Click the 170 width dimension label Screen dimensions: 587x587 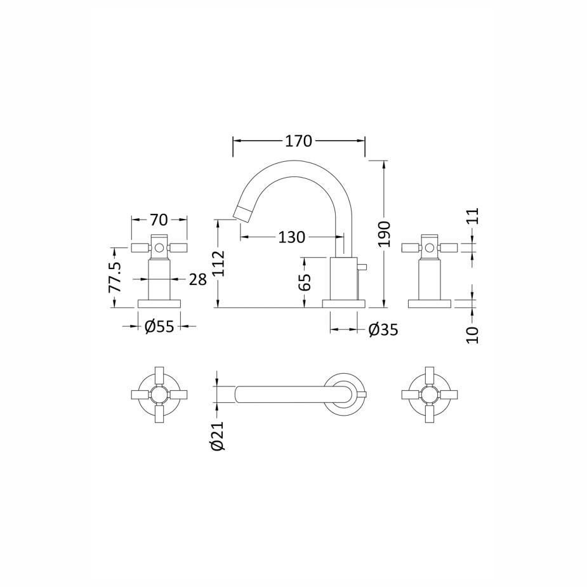coord(298,141)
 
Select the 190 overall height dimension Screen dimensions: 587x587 coord(384,234)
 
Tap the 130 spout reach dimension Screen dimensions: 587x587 coord(292,237)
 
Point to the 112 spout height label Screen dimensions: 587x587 coord(218,263)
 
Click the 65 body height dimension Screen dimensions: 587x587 coord(305,282)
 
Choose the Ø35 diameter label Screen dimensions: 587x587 coord(383,330)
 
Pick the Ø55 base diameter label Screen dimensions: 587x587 coord(159,327)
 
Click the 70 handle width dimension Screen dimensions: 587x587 coord(159,220)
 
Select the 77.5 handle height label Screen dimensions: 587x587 coord(115,277)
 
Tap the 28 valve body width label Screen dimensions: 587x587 coord(197,279)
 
